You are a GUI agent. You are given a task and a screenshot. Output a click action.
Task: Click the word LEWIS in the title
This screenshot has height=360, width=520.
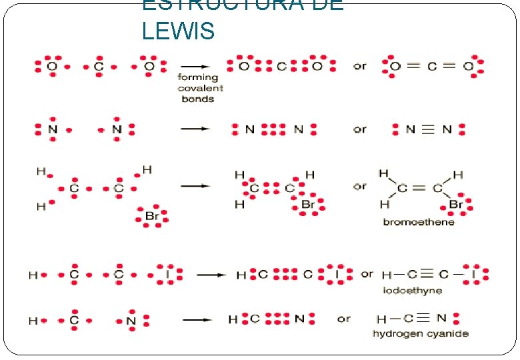[178, 30]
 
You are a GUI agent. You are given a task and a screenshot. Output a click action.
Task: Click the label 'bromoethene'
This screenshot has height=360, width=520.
[418, 222]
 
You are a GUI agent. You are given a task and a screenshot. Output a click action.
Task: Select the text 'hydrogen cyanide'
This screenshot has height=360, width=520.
[420, 333]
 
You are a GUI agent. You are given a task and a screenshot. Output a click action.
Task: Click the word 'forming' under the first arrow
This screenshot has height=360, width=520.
[197, 77]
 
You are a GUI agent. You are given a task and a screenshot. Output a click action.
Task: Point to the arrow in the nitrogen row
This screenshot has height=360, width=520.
[195, 129]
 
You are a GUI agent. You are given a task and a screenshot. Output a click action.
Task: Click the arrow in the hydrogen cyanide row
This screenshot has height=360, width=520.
[197, 319]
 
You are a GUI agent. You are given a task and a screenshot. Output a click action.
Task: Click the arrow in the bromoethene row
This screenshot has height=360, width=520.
[195, 186]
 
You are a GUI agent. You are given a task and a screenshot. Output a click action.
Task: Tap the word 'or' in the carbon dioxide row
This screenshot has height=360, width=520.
[360, 66]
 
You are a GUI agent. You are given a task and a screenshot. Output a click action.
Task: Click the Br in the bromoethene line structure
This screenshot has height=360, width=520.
[457, 204]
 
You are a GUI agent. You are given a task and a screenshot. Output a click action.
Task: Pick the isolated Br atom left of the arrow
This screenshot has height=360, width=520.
[152, 216]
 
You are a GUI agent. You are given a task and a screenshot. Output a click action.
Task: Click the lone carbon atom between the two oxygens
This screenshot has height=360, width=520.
[99, 67]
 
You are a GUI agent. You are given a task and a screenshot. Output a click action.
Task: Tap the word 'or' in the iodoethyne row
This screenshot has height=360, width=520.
[367, 274]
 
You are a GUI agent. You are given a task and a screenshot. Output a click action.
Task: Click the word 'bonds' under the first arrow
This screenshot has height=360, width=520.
[197, 99]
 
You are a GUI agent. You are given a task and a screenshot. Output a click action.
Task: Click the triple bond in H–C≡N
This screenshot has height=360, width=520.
[436, 319]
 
